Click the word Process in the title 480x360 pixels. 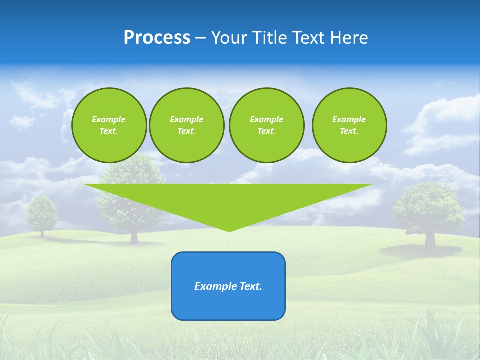click(x=157, y=38)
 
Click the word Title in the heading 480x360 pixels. click(x=270, y=38)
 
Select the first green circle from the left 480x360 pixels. click(x=109, y=125)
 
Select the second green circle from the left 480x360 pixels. click(x=186, y=125)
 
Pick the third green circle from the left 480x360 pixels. click(x=266, y=125)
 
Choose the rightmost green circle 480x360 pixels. click(x=349, y=125)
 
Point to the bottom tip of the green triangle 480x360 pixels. click(x=229, y=231)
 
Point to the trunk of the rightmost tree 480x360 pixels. click(x=430, y=242)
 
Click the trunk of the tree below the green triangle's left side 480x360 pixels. click(x=134, y=236)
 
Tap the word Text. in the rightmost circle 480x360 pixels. click(x=349, y=131)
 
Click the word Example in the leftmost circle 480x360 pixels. click(x=109, y=119)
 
